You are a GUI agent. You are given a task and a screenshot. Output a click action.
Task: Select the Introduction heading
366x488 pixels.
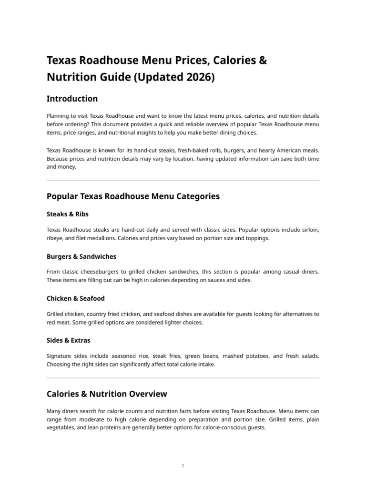click(x=72, y=99)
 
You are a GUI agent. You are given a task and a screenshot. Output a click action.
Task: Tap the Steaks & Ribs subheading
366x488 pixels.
click(x=67, y=214)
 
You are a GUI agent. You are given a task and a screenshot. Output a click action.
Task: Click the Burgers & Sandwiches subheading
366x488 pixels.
click(x=81, y=256)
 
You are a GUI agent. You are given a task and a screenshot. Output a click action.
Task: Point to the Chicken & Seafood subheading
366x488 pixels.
click(x=75, y=298)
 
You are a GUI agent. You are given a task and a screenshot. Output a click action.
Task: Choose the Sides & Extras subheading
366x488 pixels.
click(x=68, y=340)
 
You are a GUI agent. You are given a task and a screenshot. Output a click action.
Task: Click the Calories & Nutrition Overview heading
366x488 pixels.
click(x=107, y=394)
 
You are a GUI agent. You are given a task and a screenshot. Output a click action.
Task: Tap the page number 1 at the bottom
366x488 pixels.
click(x=183, y=466)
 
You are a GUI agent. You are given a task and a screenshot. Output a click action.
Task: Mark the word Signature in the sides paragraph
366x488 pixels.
click(x=60, y=356)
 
